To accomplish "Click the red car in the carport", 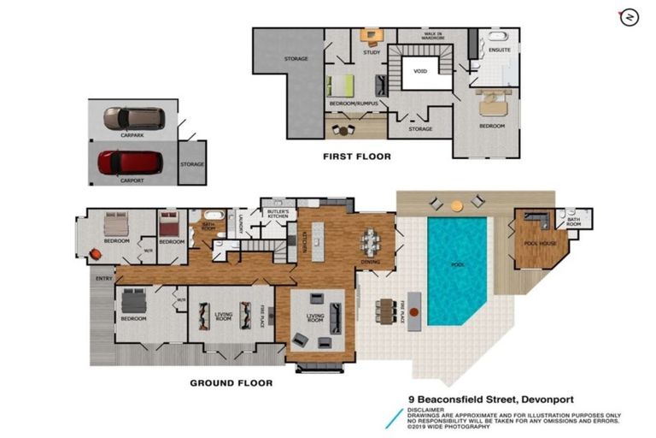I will click(x=130, y=163).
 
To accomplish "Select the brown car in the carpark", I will click(x=134, y=118).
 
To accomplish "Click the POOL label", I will click(x=456, y=265).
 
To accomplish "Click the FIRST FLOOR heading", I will click(x=356, y=157).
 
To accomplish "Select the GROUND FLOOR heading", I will click(x=231, y=382).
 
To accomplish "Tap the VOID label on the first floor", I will click(x=419, y=71).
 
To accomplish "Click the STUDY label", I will click(x=371, y=52).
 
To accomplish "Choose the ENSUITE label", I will click(x=499, y=50).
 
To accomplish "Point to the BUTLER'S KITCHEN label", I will click(x=278, y=214).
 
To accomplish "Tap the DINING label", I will click(x=371, y=262).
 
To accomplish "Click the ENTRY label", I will click(x=103, y=278).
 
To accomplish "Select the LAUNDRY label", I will click(x=242, y=228).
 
